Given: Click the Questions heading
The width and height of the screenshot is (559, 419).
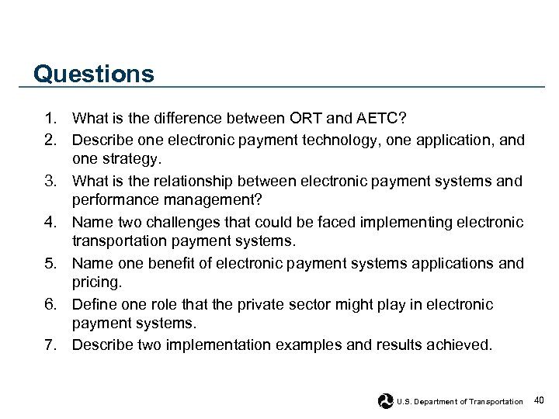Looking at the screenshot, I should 94,74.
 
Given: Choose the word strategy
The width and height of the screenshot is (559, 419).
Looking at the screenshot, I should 129,158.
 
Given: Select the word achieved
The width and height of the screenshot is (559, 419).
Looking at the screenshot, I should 460,344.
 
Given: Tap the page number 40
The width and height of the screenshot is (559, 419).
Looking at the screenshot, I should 540,400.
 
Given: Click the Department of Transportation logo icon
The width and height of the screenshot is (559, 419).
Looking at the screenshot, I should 386,401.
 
